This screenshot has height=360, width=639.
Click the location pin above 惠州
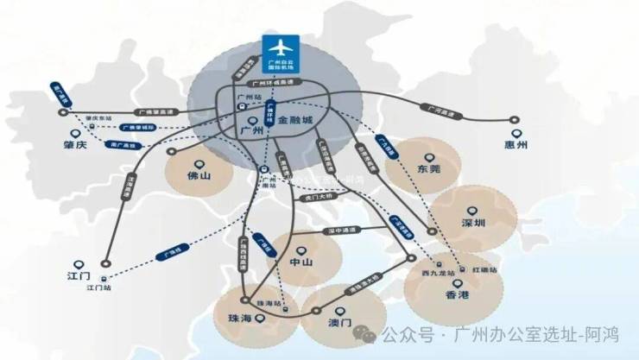pyautogui.click(x=516, y=133)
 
